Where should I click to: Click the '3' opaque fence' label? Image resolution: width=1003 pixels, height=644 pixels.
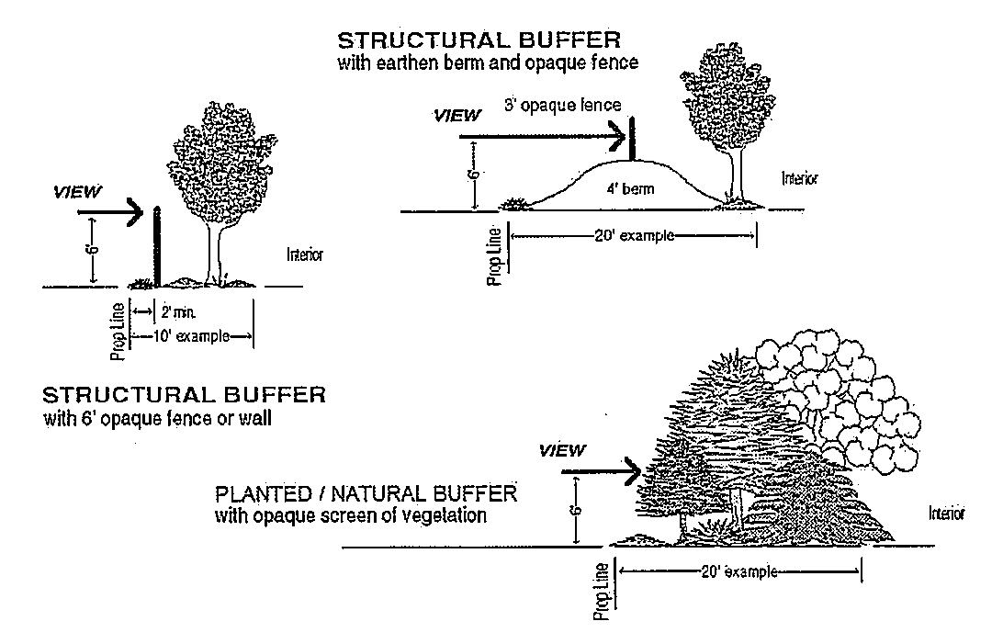(563, 106)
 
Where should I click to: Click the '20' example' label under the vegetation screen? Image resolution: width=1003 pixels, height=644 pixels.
(739, 571)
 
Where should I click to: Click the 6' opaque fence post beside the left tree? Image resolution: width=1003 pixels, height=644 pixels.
(157, 248)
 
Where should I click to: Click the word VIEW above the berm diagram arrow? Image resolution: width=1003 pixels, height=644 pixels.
(456, 116)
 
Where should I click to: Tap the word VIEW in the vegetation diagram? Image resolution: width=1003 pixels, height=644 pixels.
(561, 450)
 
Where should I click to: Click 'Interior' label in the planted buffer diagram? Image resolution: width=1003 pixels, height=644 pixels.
(946, 514)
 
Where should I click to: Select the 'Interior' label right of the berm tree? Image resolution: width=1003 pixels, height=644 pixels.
(799, 178)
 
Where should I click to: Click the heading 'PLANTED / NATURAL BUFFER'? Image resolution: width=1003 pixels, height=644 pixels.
(366, 494)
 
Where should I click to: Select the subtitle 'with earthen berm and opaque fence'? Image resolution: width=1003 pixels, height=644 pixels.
(487, 63)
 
